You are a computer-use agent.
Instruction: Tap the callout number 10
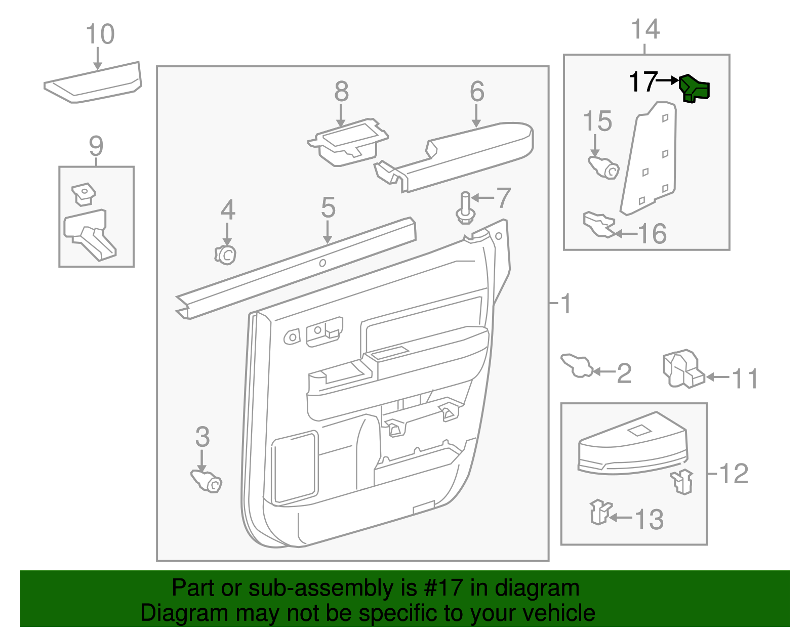[x=100, y=35]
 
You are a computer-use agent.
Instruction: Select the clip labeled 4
[x=225, y=254]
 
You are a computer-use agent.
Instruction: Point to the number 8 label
[x=342, y=92]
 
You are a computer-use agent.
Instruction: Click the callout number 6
[x=477, y=92]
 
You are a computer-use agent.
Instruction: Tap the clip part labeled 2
[x=577, y=365]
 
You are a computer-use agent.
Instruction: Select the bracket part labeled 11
[x=683, y=369]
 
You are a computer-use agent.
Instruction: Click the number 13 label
[x=649, y=520]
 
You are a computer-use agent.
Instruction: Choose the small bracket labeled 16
[x=598, y=225]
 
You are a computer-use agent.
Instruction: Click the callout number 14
[x=645, y=29]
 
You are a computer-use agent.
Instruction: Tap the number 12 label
[x=733, y=474]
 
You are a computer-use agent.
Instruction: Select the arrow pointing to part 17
[x=668, y=80]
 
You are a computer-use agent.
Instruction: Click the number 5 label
[x=328, y=208]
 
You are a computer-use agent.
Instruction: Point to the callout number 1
[x=566, y=304]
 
